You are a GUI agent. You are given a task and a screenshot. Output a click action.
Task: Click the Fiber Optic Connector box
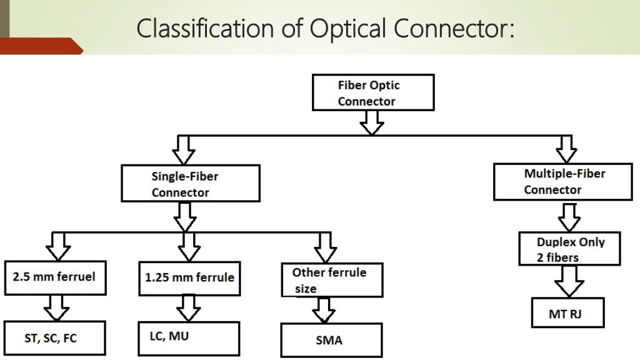[x=373, y=93]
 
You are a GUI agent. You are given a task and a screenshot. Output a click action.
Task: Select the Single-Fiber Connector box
[x=191, y=183]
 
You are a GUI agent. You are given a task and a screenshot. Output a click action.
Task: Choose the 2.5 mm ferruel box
[x=55, y=276]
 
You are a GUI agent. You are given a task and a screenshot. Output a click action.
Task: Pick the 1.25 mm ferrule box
[x=189, y=277]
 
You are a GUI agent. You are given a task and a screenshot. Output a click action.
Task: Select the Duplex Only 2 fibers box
[x=569, y=249]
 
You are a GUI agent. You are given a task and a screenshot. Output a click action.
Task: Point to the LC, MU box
[x=189, y=338]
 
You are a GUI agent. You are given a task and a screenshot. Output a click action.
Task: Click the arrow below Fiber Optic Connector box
[x=372, y=123]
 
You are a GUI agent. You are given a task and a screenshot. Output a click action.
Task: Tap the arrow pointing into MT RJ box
[x=569, y=281]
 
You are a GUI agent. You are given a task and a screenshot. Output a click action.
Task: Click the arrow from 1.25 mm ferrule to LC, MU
[x=188, y=307]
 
